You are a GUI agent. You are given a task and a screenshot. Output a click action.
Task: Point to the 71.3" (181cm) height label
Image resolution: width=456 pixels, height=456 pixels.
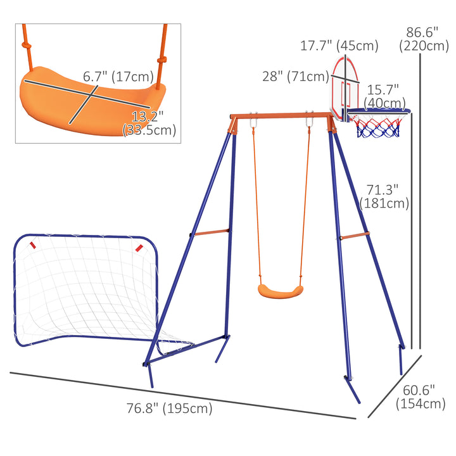384,196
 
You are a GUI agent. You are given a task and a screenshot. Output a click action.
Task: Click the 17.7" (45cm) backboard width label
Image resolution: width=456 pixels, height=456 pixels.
339,46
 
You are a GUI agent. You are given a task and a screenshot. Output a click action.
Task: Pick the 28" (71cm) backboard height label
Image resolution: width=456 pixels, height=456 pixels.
292,77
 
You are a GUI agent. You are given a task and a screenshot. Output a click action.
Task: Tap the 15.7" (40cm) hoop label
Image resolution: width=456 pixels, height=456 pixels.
385,97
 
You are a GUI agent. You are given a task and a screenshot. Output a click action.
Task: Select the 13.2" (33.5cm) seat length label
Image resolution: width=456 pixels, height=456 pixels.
149,123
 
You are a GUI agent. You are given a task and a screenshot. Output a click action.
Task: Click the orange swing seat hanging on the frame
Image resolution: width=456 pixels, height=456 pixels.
278,291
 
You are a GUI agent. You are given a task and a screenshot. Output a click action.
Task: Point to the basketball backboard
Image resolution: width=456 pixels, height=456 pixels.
343,85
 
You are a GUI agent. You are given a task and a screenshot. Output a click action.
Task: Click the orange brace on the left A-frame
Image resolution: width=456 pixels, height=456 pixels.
211,232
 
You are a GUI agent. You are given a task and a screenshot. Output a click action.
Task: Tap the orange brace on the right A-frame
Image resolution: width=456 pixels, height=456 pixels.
355,237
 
